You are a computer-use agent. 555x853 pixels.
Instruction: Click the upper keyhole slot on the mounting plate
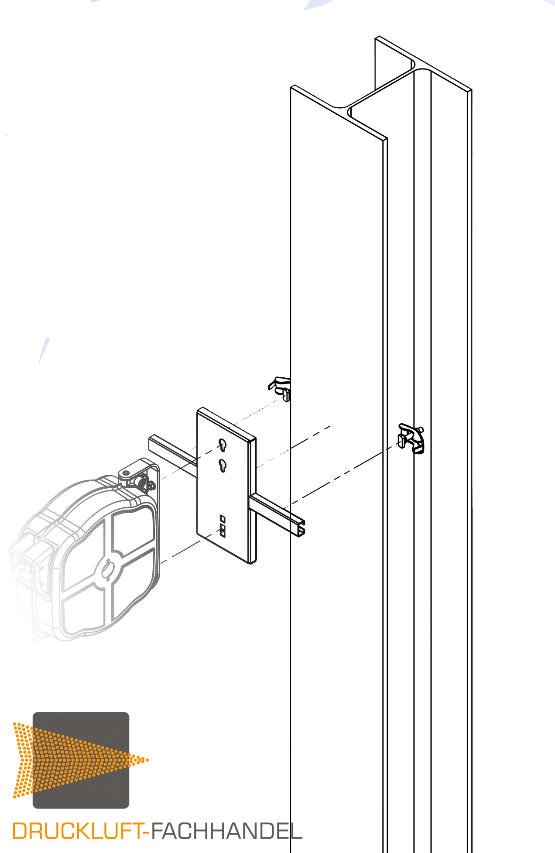pos(223,445)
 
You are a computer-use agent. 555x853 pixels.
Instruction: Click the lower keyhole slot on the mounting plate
pos(223,466)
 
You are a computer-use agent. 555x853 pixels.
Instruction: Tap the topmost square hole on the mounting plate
pos(223,518)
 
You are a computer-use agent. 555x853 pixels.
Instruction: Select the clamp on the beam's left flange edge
pos(281,388)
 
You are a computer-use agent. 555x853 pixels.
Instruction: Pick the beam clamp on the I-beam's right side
pos(411,439)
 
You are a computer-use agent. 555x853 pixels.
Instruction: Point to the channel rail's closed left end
pos(151,443)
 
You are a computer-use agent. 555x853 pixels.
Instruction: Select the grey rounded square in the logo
pos(81,760)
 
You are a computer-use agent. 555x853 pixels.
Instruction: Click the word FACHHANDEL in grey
pos(226,831)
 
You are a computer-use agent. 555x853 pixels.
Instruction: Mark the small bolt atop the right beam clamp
pos(421,429)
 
